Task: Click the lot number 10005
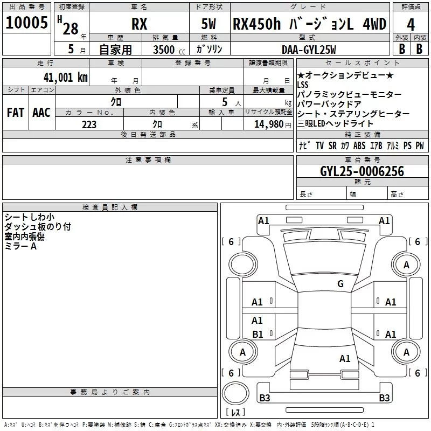point(26,23)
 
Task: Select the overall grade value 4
point(411,25)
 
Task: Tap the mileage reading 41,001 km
point(66,78)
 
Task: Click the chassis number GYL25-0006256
point(362,171)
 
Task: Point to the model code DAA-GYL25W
point(309,50)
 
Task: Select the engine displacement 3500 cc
point(169,50)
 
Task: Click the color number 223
point(89,124)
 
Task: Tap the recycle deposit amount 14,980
point(269,124)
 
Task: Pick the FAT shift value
point(16,113)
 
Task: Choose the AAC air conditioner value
point(41,113)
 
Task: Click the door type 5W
point(208,24)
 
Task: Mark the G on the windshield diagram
point(340,283)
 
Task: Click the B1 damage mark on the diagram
point(258,334)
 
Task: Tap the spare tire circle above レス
point(235,393)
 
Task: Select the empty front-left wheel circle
point(242,265)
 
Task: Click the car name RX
point(140,24)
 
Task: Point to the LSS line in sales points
point(303,85)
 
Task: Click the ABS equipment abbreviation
point(359,145)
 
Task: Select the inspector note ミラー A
point(20,246)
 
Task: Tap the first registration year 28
point(71,29)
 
